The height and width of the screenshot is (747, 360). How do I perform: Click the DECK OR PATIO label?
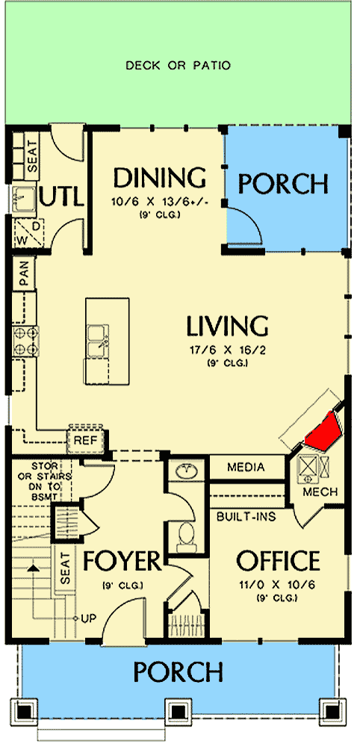tap(178, 66)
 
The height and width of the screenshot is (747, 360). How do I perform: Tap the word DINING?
tap(159, 179)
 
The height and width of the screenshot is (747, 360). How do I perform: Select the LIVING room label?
tap(227, 326)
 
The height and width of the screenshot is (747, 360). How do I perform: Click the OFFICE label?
tap(279, 560)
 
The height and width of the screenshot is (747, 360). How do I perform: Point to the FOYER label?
tap(122, 560)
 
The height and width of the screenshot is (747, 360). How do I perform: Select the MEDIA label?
tap(246, 468)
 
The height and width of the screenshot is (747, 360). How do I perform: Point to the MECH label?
tap(320, 492)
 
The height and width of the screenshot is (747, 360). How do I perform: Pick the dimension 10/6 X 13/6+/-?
tap(159, 202)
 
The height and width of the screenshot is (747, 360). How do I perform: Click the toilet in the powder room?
tap(187, 535)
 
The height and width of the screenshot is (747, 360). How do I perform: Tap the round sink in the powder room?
tap(187, 472)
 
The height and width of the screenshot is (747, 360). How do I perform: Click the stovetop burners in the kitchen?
tap(25, 340)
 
